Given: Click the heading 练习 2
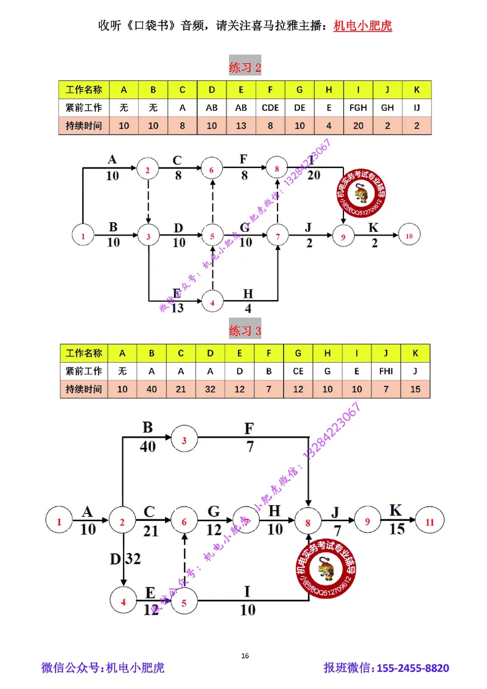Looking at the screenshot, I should [245, 68].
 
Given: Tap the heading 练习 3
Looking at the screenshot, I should [245, 331].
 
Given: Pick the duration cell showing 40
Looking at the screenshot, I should [153, 389].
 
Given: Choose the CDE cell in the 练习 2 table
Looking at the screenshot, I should [270, 108].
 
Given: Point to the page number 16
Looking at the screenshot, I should [245, 656].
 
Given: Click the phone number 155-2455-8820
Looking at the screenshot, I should [413, 668].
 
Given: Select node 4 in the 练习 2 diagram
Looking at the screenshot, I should [212, 302].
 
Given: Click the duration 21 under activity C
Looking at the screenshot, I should [150, 531].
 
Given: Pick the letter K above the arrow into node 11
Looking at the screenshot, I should [396, 511].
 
